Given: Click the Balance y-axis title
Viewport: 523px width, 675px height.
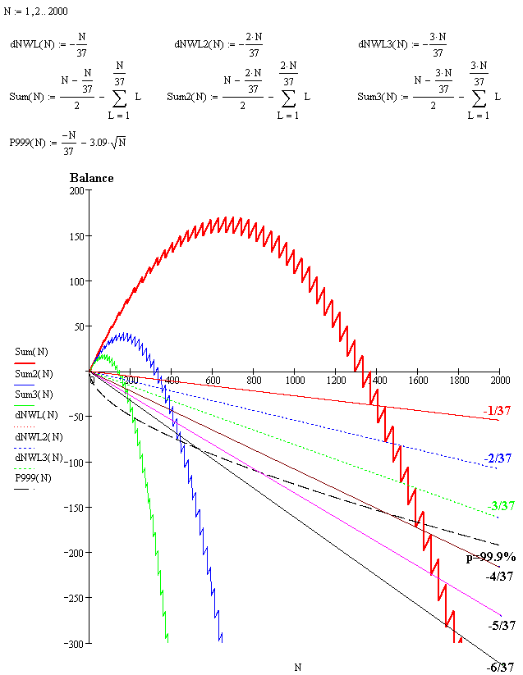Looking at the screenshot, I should point(92,178).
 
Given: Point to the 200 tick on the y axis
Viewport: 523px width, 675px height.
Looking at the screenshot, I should point(77,191).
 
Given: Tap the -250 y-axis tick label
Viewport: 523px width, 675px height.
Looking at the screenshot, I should point(74,599).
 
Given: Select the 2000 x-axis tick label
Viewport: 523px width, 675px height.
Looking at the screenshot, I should point(498,381).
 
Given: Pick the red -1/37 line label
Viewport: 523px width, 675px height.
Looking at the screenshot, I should point(498,413).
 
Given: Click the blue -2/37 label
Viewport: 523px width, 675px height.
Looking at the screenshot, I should point(498,458).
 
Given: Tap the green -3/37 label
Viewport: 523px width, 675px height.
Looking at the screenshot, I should point(501,505).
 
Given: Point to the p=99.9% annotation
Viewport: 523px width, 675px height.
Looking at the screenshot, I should point(492,557).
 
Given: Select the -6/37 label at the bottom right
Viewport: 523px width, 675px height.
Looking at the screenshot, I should point(501,668).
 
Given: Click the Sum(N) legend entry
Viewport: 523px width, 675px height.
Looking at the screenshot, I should point(32,352).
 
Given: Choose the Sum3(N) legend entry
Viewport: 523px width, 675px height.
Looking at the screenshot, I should point(34,395).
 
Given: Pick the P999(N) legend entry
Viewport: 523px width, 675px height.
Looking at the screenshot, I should point(32,478).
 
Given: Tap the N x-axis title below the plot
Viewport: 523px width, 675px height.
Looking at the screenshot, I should point(297,668).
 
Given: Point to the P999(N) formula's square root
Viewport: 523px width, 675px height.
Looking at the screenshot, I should point(117,143).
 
